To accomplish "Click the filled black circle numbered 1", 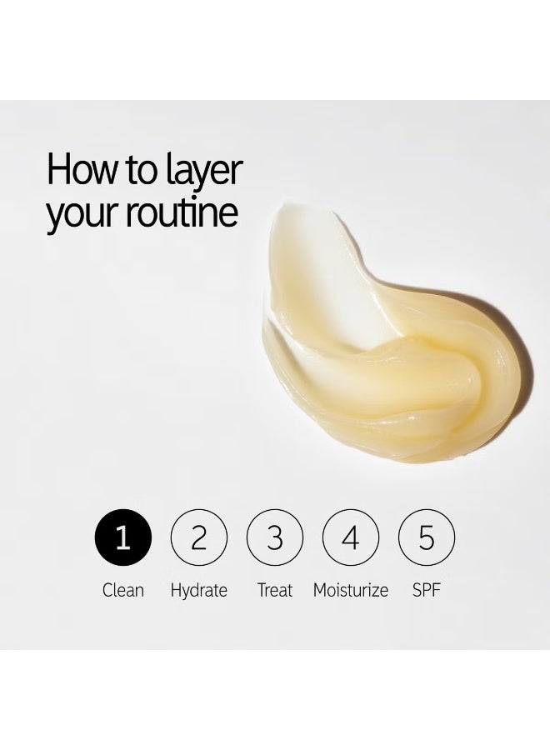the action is tap(122, 537).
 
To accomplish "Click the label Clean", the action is tap(122, 590).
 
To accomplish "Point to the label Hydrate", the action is tap(198, 591).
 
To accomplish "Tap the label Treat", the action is tap(274, 590).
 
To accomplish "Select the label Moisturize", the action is tap(351, 590).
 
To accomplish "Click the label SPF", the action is tap(426, 590).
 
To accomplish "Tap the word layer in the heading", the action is tap(204, 172).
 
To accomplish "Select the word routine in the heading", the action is tap(182, 212).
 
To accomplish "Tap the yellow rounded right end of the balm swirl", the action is tap(507, 377).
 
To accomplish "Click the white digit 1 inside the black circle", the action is tap(122, 537).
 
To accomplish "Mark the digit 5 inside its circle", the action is tap(426, 537).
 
